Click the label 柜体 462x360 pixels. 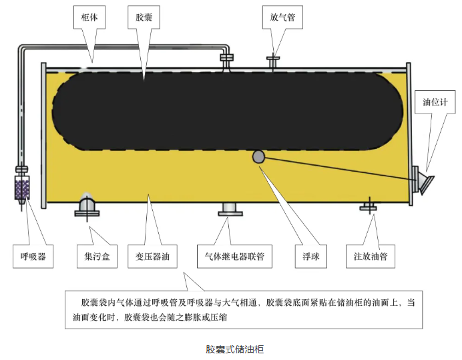(x=89, y=17)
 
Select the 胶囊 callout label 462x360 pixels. (x=144, y=17)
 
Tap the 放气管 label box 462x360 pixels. (x=282, y=17)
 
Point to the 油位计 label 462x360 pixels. (x=435, y=102)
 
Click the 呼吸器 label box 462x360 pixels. (x=33, y=256)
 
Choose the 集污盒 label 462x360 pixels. (x=97, y=256)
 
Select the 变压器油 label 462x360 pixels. (x=152, y=256)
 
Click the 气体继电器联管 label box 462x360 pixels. (x=234, y=256)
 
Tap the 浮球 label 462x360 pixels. (x=311, y=256)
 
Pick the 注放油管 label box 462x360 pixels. (x=371, y=256)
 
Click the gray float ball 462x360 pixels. (x=258, y=156)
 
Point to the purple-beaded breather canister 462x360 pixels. (x=22, y=187)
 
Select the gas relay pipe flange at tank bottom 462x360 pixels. (x=230, y=209)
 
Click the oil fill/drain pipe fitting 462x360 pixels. (x=369, y=206)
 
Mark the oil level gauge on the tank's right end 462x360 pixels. (x=422, y=180)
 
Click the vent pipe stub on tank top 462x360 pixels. (x=273, y=63)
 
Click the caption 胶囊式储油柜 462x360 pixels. (x=234, y=349)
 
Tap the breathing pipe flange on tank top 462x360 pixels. (x=227, y=58)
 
